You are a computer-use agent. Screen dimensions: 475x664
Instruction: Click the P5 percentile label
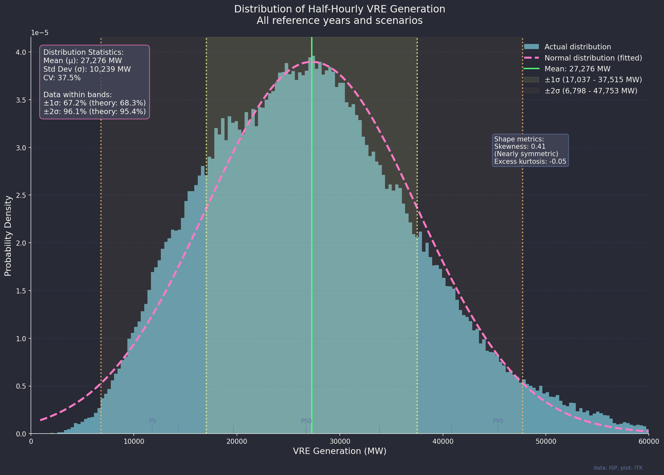[x=153, y=421]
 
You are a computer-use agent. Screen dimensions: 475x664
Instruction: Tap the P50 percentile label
[x=306, y=421]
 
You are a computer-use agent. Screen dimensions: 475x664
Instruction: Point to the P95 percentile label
[x=498, y=421]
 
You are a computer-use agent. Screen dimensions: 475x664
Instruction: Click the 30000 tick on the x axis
[x=339, y=442]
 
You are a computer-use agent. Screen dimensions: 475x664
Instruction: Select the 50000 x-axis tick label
[x=546, y=442]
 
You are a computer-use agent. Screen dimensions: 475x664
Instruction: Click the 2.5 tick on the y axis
[x=22, y=195]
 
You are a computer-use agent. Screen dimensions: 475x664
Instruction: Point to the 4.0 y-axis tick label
[x=22, y=52]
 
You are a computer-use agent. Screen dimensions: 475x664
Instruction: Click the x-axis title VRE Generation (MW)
[x=339, y=451]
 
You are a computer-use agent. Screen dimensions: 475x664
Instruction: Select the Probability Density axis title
[x=8, y=236]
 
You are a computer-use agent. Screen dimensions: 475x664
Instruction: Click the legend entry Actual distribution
[x=577, y=47]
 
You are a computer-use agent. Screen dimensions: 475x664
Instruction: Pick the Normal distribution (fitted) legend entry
[x=593, y=58]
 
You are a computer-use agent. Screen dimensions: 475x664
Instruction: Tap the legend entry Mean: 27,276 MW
[x=577, y=69]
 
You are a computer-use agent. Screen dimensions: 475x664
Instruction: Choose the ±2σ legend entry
[x=591, y=91]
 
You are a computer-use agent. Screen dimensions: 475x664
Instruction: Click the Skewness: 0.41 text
[x=520, y=147]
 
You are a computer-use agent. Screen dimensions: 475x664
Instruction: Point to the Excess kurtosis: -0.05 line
[x=530, y=162]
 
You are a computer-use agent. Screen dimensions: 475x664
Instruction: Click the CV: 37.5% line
[x=62, y=78]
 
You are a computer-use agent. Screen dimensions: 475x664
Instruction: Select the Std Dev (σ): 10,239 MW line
[x=87, y=69]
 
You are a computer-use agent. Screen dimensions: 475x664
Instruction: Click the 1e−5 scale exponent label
[x=39, y=33]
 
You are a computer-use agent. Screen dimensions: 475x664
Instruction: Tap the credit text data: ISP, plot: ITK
[x=618, y=468]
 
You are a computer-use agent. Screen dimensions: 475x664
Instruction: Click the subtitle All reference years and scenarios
[x=339, y=21]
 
